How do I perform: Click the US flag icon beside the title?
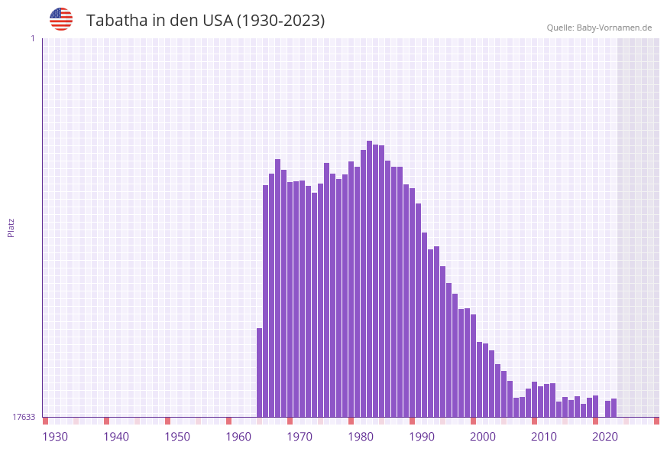[61, 19]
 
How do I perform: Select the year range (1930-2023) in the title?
[280, 21]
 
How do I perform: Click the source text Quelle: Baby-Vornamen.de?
[599, 28]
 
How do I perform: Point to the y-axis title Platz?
[11, 227]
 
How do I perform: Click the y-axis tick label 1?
[32, 38]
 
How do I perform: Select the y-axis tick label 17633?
[24, 417]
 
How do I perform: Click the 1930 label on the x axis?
[55, 437]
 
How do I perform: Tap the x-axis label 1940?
[116, 437]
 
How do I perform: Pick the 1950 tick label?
[177, 437]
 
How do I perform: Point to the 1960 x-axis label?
[238, 437]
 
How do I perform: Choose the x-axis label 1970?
[300, 437]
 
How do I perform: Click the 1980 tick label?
[361, 437]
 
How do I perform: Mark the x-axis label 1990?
[422, 437]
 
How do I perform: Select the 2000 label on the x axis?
[483, 437]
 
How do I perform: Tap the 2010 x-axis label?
[544, 437]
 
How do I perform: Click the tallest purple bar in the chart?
[369, 279]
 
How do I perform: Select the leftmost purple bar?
[259, 373]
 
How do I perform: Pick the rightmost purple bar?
[614, 408]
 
